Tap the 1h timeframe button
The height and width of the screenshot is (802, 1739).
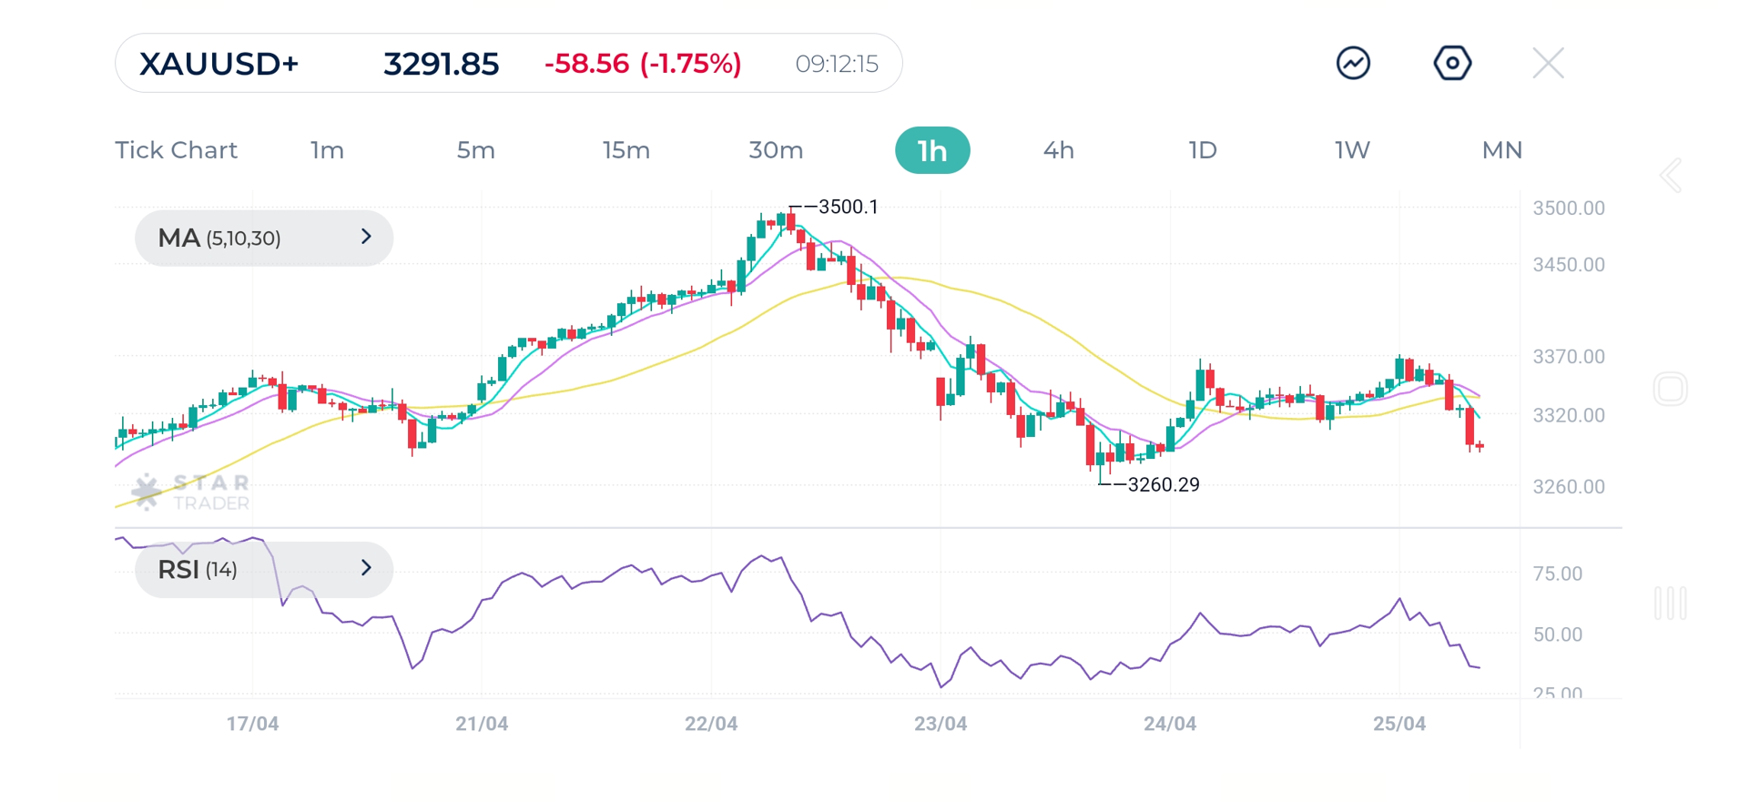tap(932, 150)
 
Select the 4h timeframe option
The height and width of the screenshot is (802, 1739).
tap(1058, 150)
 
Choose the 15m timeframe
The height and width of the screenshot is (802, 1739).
tap(625, 150)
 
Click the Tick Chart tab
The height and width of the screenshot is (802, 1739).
tap(176, 150)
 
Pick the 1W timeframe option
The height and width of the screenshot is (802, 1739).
tap(1352, 150)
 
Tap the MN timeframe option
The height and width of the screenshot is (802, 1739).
tap(1501, 150)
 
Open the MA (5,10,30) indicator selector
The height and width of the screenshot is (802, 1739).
tap(264, 239)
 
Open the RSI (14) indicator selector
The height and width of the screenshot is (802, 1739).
tap(264, 570)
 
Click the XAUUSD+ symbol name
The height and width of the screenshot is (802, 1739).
tap(219, 64)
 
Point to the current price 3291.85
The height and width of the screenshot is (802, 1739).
tap(441, 64)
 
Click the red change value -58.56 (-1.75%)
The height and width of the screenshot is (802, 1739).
tap(643, 64)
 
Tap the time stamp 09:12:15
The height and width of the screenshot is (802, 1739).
tap(836, 64)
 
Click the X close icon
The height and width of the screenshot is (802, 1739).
tap(1548, 64)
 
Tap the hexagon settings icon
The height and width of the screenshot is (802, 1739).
tap(1452, 64)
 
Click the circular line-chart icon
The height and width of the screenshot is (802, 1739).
tap(1353, 64)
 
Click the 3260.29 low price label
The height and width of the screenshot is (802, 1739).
tap(1163, 485)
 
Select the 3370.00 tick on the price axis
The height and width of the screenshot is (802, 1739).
tap(1568, 357)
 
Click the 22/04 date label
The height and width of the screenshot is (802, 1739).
tap(711, 724)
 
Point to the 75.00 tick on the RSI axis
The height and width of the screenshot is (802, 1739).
tap(1557, 574)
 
